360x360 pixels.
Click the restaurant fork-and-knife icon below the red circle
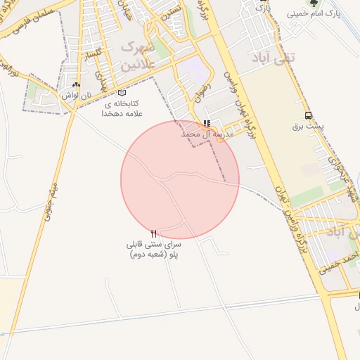[154, 233]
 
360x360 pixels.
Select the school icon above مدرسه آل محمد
[206, 123]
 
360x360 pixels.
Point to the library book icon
[122, 93]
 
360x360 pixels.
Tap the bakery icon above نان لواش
[77, 84]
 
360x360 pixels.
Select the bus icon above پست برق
[308, 116]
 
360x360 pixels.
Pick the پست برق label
[307, 127]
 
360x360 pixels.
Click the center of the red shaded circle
[180, 180]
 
